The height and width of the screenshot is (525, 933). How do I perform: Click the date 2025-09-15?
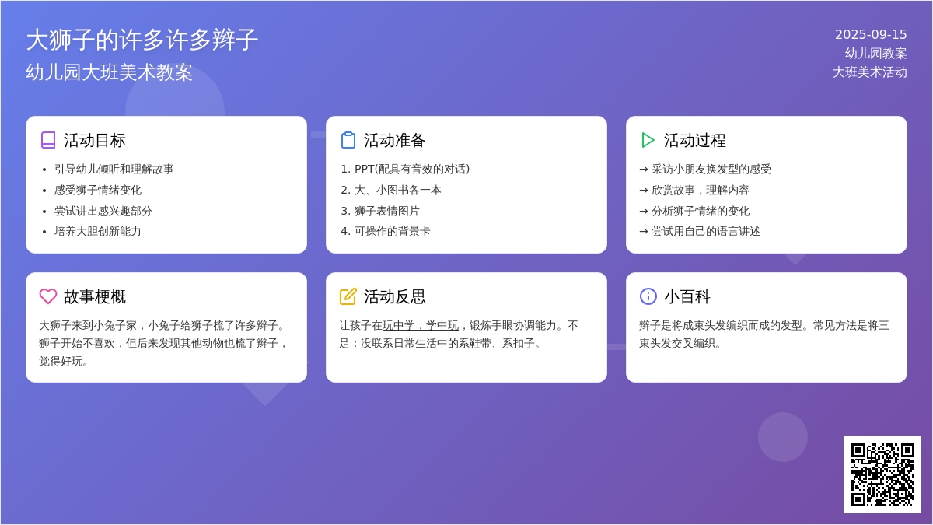coord(871,34)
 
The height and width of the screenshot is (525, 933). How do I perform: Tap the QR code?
coord(882,474)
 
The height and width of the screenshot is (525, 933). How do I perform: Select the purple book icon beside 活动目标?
coord(48,140)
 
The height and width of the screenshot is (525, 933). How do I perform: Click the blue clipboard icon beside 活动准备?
coord(348,140)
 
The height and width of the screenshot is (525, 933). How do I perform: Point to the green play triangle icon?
coord(648,140)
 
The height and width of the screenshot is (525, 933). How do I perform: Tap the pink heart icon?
coord(48,296)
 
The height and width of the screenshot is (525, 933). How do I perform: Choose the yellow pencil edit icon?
coord(348,296)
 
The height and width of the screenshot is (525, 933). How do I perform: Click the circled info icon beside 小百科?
coord(648,296)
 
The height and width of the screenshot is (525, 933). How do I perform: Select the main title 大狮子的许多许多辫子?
coord(142,40)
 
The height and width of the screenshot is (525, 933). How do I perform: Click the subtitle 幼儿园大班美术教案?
coord(109,72)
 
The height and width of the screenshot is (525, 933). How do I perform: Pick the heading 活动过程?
coord(694,141)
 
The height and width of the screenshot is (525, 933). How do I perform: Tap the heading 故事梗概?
coord(95,296)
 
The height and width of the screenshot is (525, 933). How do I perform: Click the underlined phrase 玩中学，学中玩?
coord(421,325)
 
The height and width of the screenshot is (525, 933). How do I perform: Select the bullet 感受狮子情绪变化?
coord(98,191)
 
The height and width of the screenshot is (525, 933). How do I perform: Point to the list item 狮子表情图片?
coord(386,212)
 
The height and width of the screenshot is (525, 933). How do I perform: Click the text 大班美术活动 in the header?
coord(870,72)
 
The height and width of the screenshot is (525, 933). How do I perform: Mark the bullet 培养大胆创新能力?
coord(98,232)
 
